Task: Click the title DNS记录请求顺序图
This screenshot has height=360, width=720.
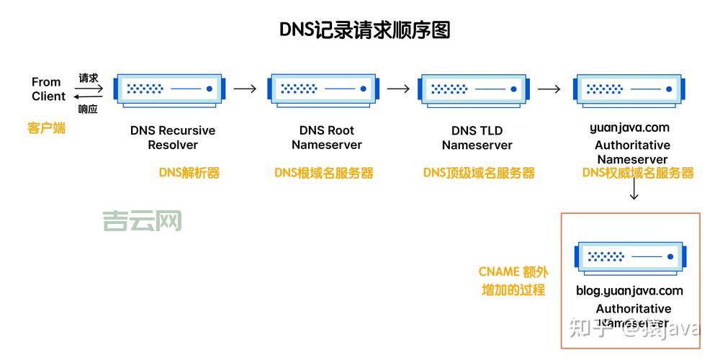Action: coord(364,30)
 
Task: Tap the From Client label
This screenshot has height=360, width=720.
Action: coord(48,89)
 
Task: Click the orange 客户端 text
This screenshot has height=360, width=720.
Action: coord(47,128)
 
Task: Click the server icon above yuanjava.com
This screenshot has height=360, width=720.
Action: coord(628,89)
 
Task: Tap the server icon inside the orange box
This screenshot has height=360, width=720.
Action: coord(628,256)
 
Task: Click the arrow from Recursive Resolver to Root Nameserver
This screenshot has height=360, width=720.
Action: coord(245,89)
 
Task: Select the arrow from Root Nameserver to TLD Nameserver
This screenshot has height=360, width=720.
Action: coord(398,89)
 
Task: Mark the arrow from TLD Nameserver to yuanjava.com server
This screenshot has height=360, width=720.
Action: coord(549,89)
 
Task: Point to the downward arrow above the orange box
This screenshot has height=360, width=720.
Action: coord(634,189)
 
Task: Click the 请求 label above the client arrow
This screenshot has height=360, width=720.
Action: coord(89,78)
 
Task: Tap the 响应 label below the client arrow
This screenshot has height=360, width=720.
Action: coord(88,109)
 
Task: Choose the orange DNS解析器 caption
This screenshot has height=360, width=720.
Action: coord(189,173)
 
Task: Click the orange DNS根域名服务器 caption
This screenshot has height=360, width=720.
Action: coord(324,173)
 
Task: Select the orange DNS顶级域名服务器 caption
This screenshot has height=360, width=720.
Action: coord(479,173)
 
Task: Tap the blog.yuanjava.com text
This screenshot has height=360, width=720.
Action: coord(629,291)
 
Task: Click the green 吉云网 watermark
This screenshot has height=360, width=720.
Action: coord(142,220)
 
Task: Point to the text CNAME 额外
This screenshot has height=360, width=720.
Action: coord(513,272)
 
